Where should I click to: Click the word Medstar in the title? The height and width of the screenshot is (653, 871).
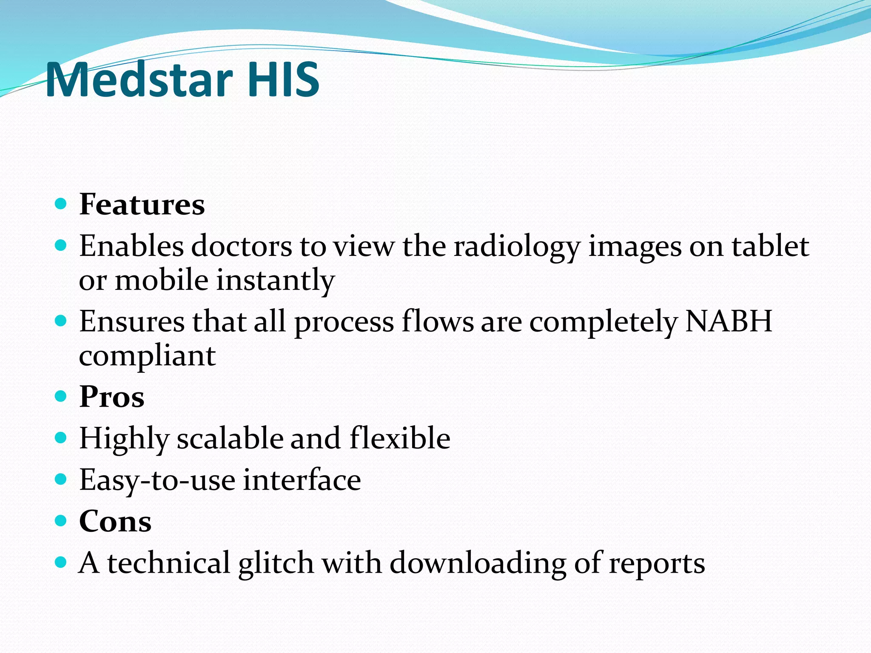(x=139, y=79)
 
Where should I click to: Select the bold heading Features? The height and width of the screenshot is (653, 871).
(x=142, y=204)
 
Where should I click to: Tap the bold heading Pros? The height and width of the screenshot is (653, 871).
(x=111, y=397)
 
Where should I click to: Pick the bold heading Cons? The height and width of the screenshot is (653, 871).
(x=115, y=521)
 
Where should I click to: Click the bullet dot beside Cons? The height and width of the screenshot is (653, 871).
(x=61, y=521)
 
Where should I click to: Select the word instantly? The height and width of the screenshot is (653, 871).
(x=276, y=281)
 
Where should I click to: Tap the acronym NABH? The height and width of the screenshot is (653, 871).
(x=729, y=321)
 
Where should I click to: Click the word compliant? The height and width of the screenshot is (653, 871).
(x=147, y=356)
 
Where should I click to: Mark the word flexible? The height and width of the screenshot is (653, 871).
(x=400, y=438)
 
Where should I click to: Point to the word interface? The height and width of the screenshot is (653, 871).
(x=302, y=480)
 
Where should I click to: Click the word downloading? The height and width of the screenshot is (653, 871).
(x=478, y=563)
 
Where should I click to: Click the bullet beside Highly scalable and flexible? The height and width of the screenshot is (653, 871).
(x=61, y=438)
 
